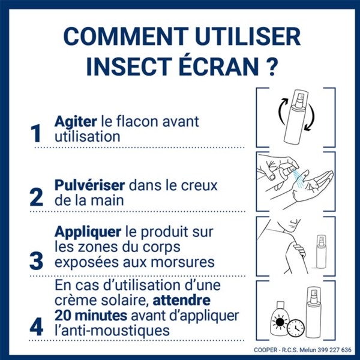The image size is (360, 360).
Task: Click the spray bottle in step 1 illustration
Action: (x=296, y=117)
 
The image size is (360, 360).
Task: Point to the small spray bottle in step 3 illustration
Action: (x=321, y=252)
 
